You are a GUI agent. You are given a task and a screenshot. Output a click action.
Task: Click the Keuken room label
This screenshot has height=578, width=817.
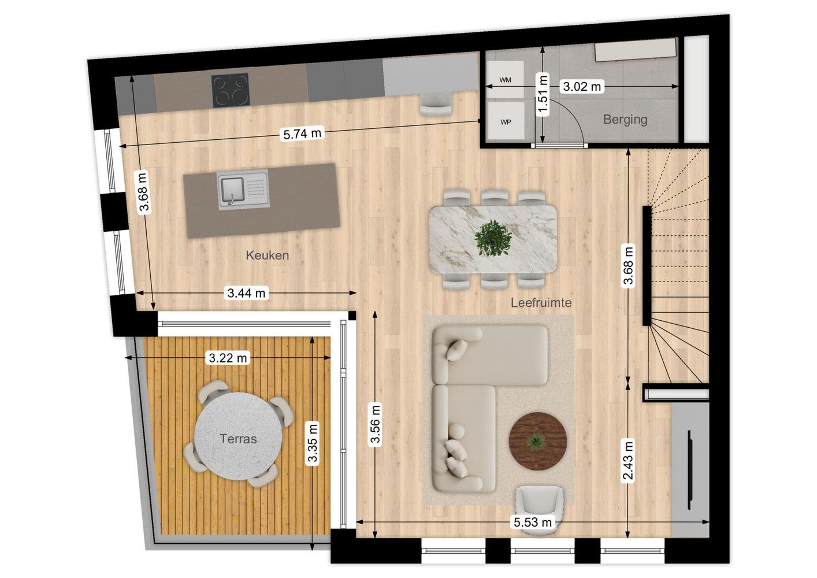267,255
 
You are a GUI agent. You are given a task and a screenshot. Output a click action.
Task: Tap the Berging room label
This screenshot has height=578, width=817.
625,119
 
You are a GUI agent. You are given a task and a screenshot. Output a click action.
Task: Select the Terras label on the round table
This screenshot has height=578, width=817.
238,439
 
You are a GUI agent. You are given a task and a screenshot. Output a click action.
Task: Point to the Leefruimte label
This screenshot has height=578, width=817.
541,302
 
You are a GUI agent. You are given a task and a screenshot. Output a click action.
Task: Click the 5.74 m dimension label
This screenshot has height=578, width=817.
302,134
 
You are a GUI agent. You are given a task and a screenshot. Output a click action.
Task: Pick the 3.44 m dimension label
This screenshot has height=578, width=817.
246,293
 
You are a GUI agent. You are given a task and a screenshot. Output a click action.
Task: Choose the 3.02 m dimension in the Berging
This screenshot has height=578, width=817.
582,87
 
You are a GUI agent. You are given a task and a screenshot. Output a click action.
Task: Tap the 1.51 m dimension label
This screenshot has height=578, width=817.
543,95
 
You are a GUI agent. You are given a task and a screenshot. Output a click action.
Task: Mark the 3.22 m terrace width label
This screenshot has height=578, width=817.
228,358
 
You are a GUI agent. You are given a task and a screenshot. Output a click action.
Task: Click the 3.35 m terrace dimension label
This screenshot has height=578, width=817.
313,443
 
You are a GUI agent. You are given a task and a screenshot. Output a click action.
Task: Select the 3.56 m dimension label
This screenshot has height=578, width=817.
375,424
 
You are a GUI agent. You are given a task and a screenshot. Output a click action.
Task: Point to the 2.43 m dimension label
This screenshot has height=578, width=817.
628,460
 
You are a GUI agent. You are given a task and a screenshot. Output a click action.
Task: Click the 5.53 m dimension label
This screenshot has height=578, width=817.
533,522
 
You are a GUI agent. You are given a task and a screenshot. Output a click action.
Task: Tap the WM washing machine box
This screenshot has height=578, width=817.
505,80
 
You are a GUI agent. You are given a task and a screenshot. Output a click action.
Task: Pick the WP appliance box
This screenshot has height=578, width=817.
505,122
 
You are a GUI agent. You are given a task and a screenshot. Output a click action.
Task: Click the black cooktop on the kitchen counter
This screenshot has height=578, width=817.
231,90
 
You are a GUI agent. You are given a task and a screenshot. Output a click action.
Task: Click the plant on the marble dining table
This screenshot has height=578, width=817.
493,238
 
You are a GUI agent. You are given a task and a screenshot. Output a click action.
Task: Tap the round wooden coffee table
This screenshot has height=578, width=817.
537,440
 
